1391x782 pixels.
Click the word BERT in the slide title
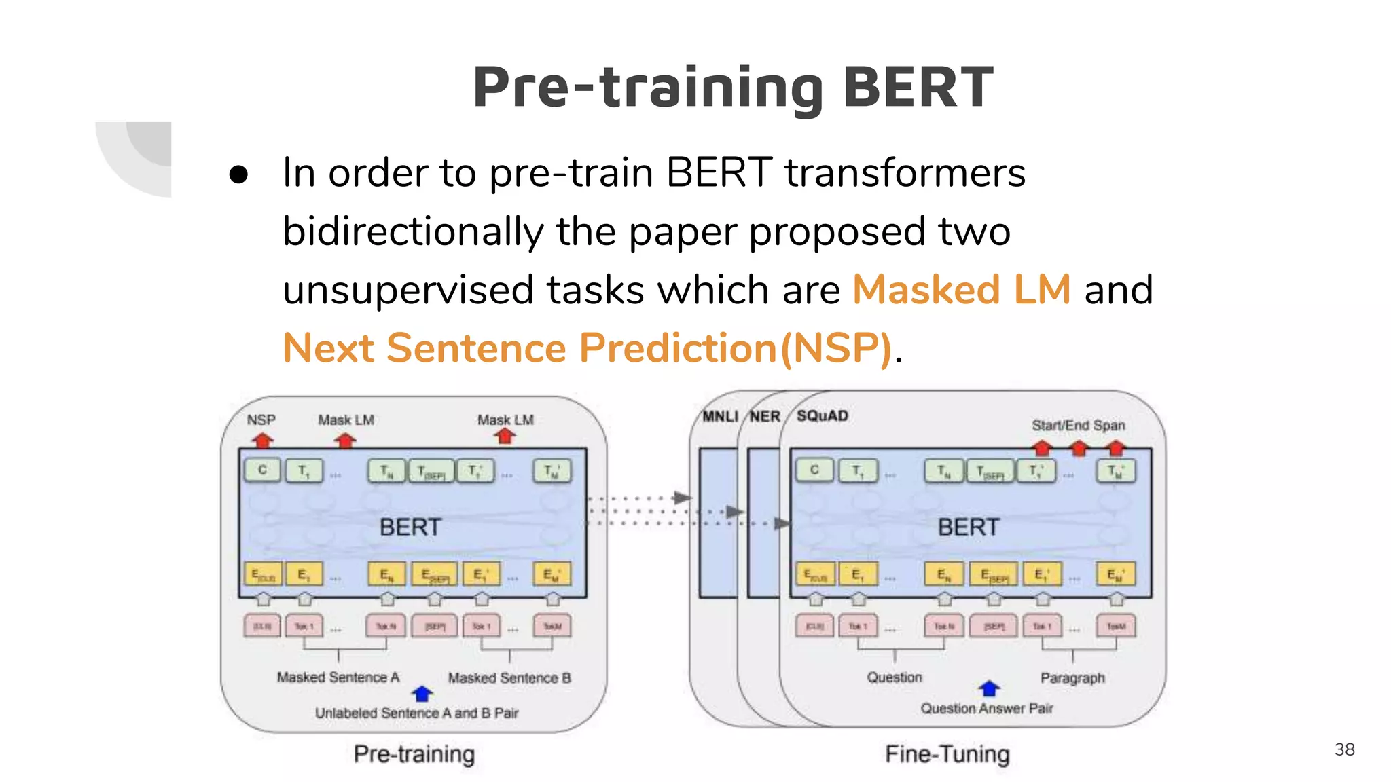pos(918,88)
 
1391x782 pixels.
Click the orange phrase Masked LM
pos(961,290)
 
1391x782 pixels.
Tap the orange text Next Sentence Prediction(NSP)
pos(587,348)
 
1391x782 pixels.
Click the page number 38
pos(1344,749)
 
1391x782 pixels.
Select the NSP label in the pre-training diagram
pos(261,420)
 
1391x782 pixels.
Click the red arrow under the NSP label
pos(262,441)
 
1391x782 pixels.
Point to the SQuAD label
pos(822,415)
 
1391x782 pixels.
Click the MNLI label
pos(719,416)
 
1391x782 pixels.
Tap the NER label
pos(765,416)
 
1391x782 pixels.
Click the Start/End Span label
pos(1078,426)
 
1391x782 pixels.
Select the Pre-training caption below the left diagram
pos(414,753)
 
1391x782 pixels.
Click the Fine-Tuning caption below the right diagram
pos(947,753)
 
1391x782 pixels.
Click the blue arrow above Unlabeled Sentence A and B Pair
pos(422,694)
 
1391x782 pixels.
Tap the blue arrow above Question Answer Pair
pos(989,688)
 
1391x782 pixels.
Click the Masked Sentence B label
pos(509,677)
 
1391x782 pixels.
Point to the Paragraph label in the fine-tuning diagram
pos(1072,677)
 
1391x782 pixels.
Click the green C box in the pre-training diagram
pos(262,470)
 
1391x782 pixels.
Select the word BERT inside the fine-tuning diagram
pos(968,527)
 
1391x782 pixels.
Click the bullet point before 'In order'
pos(238,174)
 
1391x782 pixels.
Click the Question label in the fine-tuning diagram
pos(894,677)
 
